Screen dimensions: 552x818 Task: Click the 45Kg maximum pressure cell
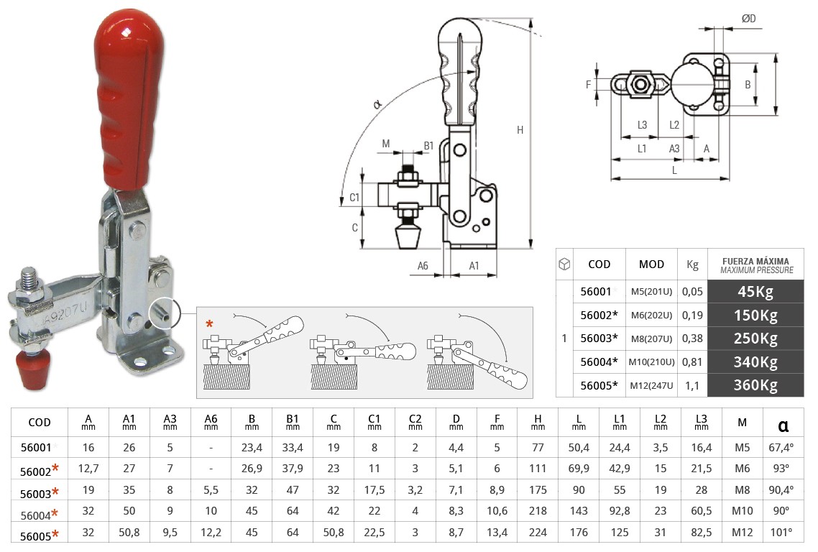(755, 292)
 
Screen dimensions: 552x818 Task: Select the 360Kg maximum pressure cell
(755, 385)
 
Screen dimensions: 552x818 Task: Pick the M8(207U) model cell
(652, 339)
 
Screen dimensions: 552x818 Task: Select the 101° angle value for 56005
(782, 533)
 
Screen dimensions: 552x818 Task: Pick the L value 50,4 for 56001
(579, 448)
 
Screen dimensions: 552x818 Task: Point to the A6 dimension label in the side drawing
(423, 266)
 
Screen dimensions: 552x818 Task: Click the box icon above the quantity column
(565, 264)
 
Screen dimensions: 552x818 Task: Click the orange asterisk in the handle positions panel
(209, 323)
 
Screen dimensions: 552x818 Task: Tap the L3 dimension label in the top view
(643, 124)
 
